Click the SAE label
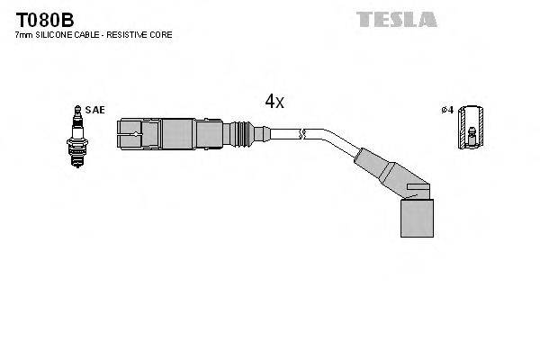click(96, 110)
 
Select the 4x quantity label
click(274, 102)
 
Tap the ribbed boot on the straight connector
click(241, 135)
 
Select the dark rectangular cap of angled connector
click(416, 214)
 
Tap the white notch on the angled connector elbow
click(418, 190)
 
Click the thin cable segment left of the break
click(283, 135)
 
